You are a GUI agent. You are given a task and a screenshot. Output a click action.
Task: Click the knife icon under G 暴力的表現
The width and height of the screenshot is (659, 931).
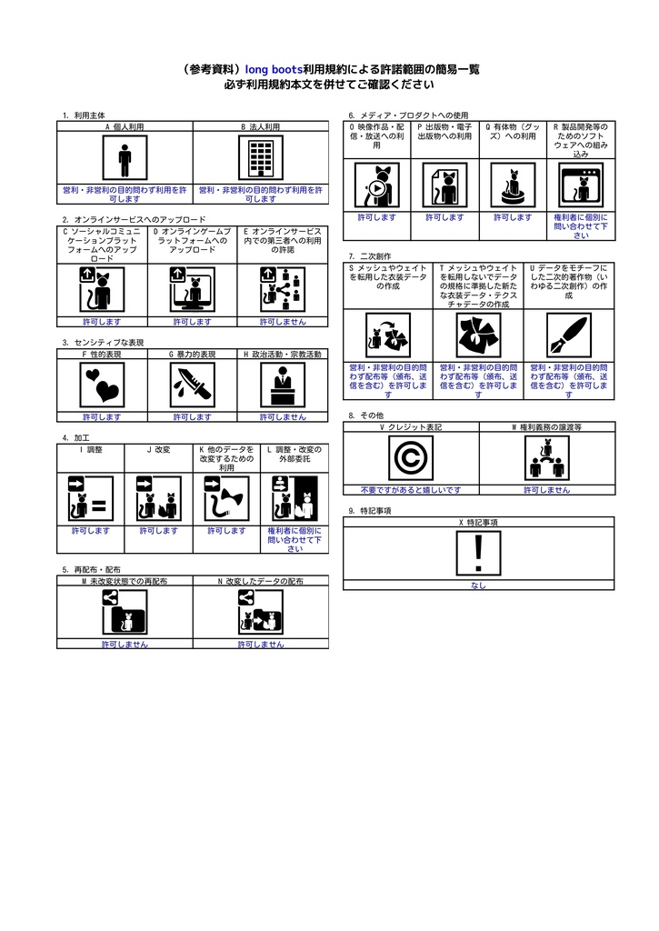193,385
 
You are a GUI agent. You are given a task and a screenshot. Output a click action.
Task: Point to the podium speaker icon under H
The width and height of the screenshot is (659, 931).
283,385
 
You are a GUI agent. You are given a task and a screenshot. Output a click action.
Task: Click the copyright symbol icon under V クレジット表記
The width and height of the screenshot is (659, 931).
410,457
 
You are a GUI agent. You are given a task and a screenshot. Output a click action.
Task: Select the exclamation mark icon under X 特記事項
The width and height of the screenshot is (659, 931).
479,553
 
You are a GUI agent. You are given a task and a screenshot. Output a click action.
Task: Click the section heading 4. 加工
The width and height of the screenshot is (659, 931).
75,437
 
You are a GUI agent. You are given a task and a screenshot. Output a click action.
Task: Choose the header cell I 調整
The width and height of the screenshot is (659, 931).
90,449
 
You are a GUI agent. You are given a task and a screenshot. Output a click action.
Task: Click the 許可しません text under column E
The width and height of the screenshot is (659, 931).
283,322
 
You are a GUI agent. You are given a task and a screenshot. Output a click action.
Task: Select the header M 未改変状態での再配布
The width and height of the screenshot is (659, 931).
125,580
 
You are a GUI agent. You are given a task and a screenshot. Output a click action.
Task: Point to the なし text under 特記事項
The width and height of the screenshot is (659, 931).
479,586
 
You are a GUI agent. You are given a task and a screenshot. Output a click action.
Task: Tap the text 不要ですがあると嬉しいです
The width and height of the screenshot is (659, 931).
410,489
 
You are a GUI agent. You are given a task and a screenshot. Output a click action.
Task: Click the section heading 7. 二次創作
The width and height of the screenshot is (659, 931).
369,256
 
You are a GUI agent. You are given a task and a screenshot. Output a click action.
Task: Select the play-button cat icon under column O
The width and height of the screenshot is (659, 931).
376,186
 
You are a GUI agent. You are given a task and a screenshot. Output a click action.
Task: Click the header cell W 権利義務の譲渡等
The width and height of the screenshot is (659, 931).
546,426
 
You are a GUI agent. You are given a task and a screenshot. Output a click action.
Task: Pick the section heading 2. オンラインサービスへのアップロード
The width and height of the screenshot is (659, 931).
134,220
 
